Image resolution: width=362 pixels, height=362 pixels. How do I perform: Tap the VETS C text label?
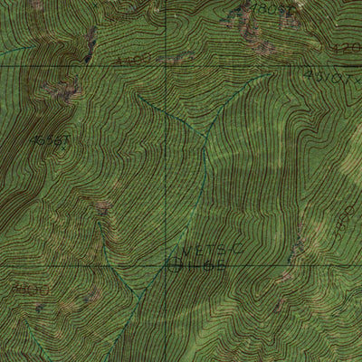tap(201, 251)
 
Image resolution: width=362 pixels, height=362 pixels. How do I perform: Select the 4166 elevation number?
tap(205, 265)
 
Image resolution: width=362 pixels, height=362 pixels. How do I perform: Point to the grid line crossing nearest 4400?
tap(166, 65)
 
